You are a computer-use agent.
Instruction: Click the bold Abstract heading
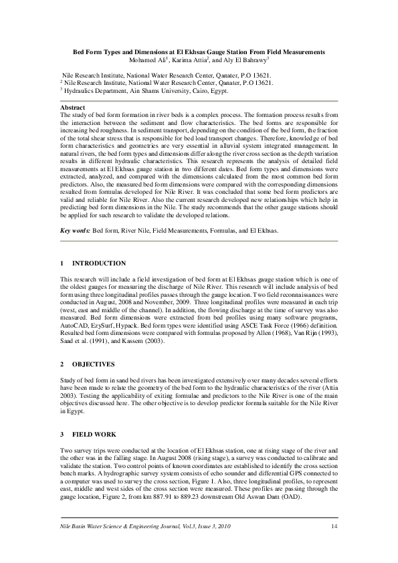coord(73,108)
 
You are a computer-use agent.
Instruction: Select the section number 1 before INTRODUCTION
coord(62,263)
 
